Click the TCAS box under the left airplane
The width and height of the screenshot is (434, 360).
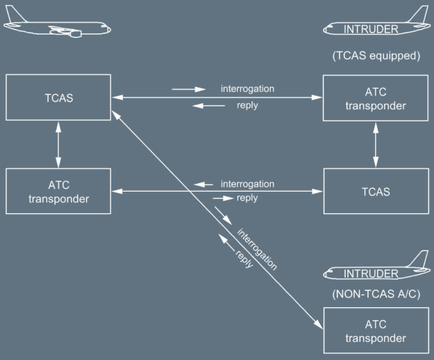click(58, 95)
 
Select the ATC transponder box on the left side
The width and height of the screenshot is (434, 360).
click(58, 191)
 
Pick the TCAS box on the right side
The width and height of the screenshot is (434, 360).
click(375, 191)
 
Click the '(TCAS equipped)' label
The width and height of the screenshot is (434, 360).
click(375, 55)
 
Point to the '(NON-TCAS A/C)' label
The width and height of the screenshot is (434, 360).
click(375, 294)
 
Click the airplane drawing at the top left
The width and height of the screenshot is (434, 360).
click(58, 27)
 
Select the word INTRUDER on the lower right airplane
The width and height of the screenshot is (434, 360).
click(371, 273)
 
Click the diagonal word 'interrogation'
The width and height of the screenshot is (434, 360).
click(257, 249)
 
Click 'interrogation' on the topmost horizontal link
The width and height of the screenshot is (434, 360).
click(247, 90)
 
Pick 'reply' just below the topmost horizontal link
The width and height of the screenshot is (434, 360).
click(247, 105)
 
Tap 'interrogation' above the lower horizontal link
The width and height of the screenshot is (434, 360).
click(247, 184)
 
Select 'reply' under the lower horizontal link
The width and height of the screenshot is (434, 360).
click(247, 198)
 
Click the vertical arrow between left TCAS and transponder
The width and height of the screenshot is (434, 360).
click(58, 144)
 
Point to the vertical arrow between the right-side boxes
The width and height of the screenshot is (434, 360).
click(375, 144)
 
